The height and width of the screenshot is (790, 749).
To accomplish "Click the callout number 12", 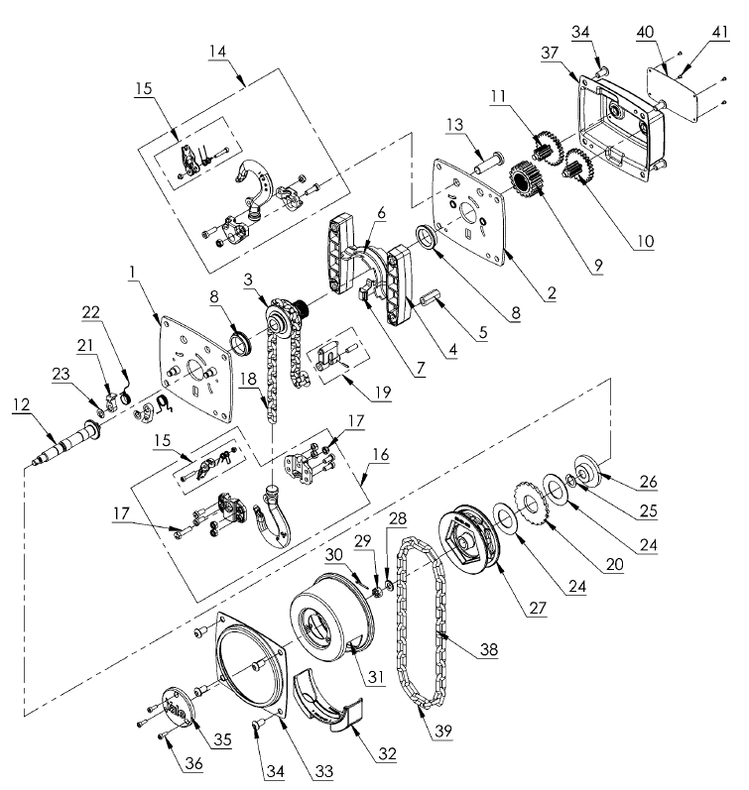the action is click(21, 405).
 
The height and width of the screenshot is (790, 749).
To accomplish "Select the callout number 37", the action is click(550, 53).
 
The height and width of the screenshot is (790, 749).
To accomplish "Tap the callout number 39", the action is click(443, 731).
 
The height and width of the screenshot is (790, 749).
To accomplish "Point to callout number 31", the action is click(376, 676).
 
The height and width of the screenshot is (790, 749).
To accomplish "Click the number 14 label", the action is click(218, 51).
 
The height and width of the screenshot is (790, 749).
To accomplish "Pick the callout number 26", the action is click(649, 482).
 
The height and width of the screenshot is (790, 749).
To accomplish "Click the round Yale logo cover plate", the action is click(177, 708).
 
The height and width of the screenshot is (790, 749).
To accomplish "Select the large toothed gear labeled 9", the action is click(525, 179).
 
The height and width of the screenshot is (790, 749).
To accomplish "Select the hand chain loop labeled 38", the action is click(424, 622).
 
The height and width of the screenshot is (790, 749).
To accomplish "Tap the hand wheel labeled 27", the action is click(470, 538).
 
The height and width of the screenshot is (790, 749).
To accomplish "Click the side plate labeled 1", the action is click(195, 368).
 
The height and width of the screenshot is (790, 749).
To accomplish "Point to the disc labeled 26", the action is click(589, 471).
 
